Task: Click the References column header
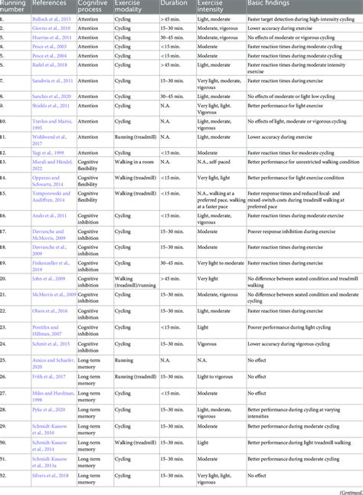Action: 49,5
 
